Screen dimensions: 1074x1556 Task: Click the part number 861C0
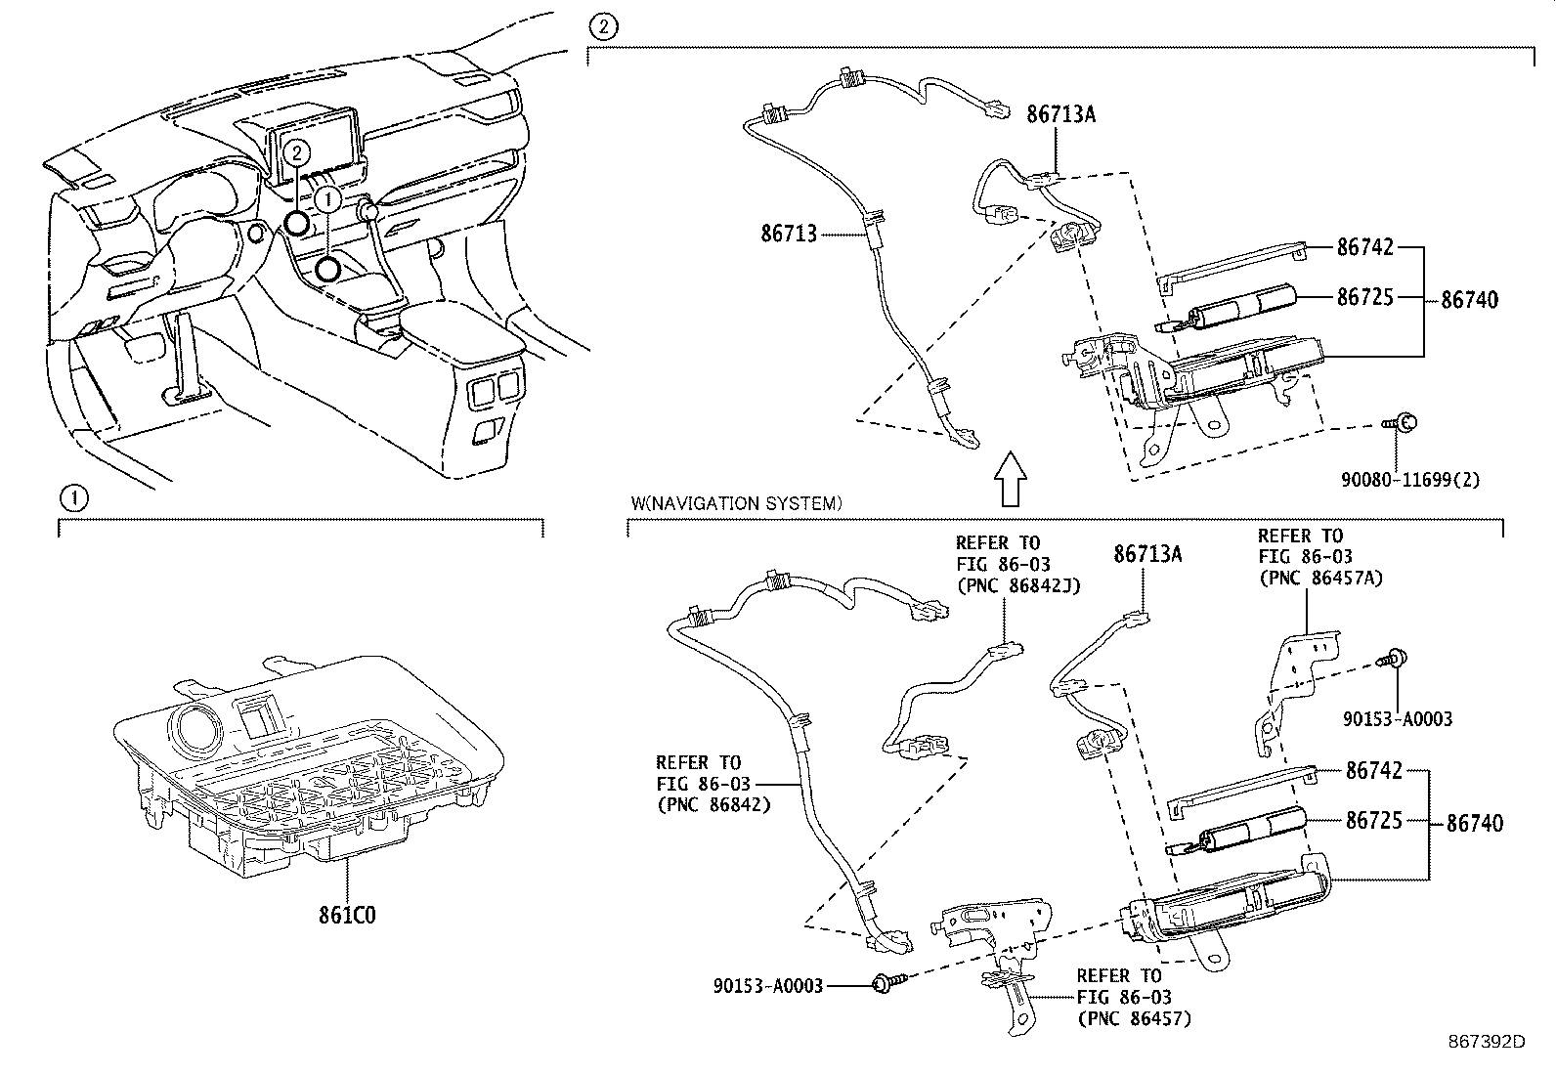pos(347,916)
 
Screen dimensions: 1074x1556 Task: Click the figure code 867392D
pos(1486,1041)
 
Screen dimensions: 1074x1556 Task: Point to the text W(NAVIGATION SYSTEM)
pos(735,504)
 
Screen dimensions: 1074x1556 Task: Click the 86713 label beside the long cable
pos(789,234)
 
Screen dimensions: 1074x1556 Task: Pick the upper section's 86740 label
pos(1469,300)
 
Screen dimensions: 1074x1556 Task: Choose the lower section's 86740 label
pos(1474,823)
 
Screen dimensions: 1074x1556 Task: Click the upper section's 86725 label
pos(1365,296)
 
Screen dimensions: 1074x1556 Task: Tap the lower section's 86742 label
pos(1373,771)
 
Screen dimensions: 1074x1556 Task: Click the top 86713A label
pos(1060,114)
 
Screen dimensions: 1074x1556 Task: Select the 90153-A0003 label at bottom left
pos(768,985)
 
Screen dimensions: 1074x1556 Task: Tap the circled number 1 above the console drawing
pos(74,499)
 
